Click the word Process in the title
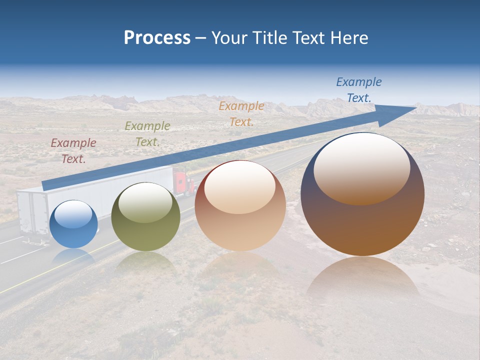tap(157, 38)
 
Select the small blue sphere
tap(74, 224)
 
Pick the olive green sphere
tap(145, 216)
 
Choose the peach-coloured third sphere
tap(240, 206)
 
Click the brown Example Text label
tap(73, 151)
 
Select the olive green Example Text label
tap(147, 134)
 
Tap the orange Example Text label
tap(241, 113)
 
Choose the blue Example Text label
tap(358, 90)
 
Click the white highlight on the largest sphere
tap(361, 167)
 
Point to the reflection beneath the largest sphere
tap(362, 280)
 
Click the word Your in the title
tap(230, 38)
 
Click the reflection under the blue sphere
tap(74, 257)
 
